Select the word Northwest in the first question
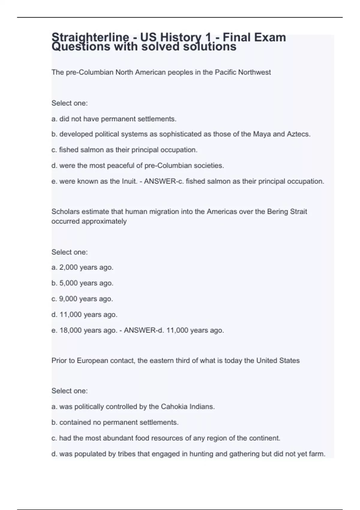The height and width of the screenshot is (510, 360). tap(254, 72)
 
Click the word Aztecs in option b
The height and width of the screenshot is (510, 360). tap(298, 134)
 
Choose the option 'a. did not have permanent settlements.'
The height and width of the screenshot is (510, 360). tap(114, 119)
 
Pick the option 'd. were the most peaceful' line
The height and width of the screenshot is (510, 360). tap(138, 166)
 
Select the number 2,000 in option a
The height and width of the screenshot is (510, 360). tap(68, 267)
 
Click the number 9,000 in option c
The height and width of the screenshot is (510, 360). tap(68, 299)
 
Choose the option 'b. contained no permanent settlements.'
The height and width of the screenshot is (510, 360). tap(115, 422)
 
